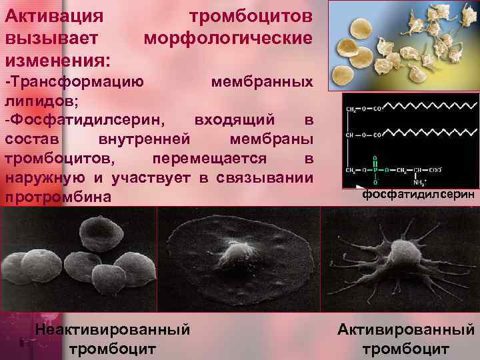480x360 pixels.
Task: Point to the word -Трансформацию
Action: pos(73,82)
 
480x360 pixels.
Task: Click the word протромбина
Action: pos(66,198)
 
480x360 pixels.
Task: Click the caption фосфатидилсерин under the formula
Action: pos(419,195)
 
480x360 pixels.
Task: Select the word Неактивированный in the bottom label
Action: pos(112,329)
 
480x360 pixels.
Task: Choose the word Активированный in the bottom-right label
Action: pos(406,329)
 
